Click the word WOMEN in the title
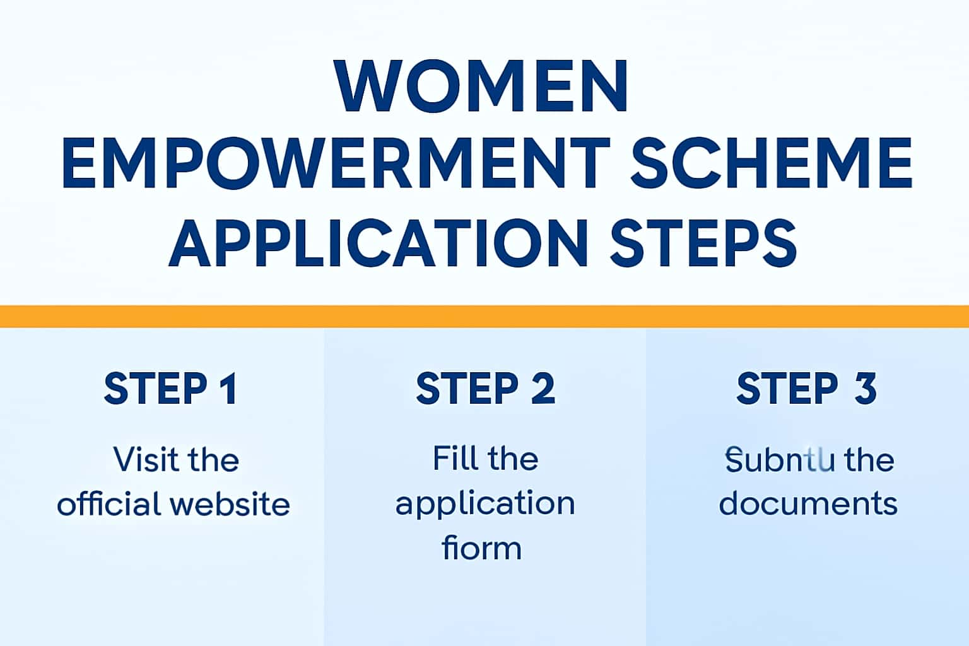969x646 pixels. (483, 87)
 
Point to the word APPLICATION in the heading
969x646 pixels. (378, 243)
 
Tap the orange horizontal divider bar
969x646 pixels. (484, 316)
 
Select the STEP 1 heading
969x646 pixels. (170, 389)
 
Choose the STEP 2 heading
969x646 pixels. (485, 389)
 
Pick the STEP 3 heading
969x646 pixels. (806, 389)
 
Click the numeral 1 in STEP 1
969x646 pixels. (229, 389)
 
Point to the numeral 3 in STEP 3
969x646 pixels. (866, 389)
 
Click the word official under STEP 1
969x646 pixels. (109, 504)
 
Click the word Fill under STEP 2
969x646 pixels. (452, 458)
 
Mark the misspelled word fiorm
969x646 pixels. (482, 548)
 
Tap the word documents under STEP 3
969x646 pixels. (808, 504)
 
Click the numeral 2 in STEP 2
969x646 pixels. (543, 389)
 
